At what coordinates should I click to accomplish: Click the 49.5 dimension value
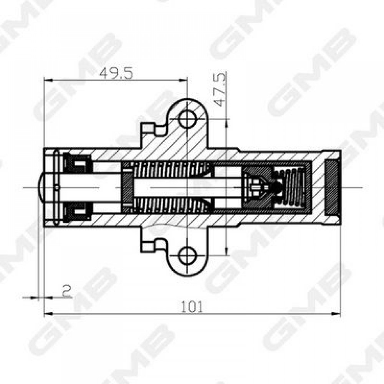coord(116,73)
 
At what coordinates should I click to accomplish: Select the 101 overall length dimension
coord(192,307)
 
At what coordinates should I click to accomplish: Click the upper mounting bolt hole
coord(187,119)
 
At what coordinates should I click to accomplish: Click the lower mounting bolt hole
coord(187,255)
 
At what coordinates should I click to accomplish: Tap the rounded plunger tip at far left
coord(41,188)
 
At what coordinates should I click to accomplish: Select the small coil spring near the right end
coord(291,188)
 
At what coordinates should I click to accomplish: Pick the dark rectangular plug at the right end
coord(332,188)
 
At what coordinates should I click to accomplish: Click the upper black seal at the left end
coord(78,162)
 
